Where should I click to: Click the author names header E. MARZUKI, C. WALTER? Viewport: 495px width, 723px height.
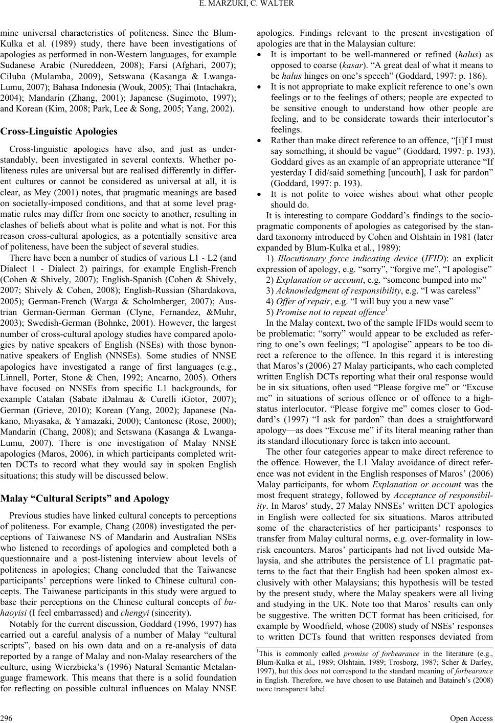[x=247, y=6]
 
